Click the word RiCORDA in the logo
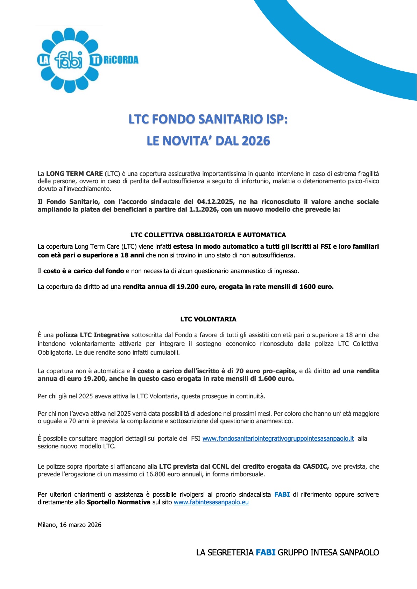(121, 60)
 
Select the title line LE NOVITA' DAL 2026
(208, 141)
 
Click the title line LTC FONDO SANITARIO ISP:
(208, 119)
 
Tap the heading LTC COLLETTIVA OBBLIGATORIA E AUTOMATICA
(208, 235)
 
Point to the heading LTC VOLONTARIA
(208, 319)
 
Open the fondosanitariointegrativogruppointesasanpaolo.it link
(278, 439)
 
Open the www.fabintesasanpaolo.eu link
(211, 502)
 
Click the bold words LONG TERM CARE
(75, 173)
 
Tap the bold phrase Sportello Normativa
(119, 502)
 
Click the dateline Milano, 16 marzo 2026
(70, 525)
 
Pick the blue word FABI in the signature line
(266, 553)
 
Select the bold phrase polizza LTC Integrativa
(92, 335)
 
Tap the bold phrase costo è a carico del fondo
(84, 271)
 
